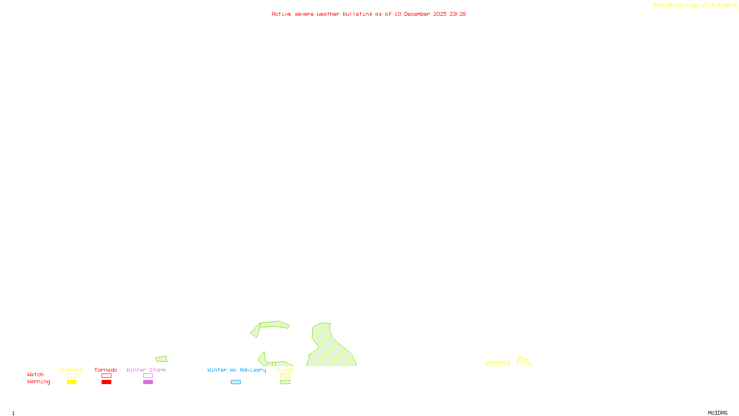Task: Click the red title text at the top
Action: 368,14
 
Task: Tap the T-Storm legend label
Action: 71,370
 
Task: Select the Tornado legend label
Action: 106,370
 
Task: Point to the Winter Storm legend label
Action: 146,370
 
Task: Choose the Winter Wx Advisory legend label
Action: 236,370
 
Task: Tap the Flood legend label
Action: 285,370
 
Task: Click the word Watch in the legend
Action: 36,374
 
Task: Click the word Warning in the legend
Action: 39,382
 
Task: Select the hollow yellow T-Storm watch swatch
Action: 72,376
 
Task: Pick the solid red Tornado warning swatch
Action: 107,382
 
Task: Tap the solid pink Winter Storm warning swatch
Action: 148,382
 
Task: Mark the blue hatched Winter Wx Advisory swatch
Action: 236,382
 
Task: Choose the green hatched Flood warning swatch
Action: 285,382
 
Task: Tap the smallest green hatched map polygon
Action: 162,359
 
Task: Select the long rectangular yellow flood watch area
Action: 497,364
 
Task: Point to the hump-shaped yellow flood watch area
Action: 523,362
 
